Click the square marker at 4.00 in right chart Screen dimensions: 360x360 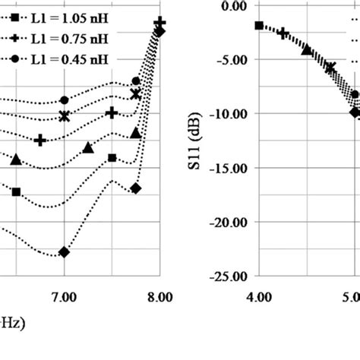(x=259, y=26)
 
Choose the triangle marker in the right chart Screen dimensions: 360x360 (x=307, y=50)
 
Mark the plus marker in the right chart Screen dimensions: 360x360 (x=283, y=33)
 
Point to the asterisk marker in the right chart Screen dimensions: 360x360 (x=330, y=68)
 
